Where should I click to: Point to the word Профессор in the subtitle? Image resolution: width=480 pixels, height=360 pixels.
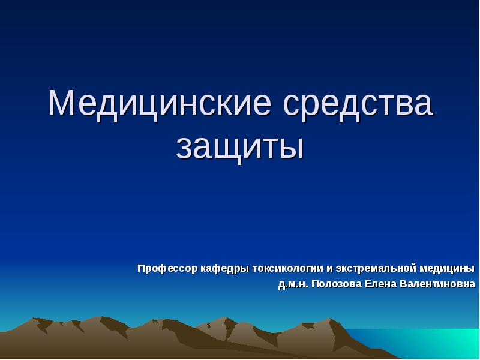click(167, 268)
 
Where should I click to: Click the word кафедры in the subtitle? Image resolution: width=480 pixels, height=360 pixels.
click(224, 268)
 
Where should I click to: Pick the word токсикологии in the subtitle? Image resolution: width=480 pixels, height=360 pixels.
click(288, 268)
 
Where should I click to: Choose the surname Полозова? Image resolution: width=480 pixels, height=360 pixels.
click(335, 284)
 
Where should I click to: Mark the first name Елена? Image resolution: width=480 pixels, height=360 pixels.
click(380, 284)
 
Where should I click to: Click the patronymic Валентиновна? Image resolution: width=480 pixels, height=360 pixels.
click(437, 284)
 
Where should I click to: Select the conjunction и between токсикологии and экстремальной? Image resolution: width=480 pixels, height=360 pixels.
click(329, 269)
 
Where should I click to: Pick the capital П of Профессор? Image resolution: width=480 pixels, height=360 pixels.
click(142, 268)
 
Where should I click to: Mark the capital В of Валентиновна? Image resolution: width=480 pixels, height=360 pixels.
click(403, 284)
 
